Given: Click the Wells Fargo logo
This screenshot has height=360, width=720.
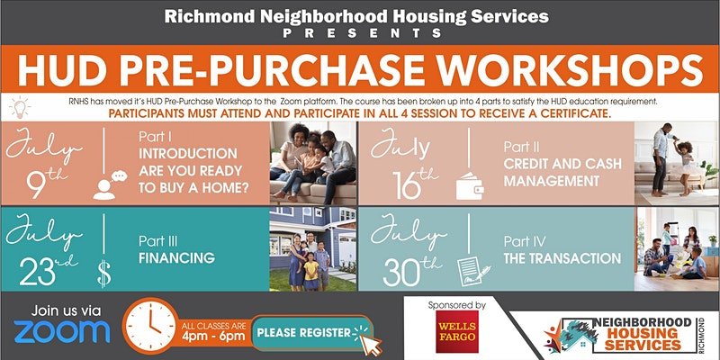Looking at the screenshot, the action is coord(457,331).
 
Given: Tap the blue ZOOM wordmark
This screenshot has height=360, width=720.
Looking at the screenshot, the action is coord(62,331).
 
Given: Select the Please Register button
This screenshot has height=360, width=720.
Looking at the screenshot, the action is coord(312,333).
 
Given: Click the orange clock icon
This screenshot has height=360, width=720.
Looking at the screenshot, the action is coord(150,326).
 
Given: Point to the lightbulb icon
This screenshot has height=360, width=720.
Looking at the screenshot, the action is coord(20,108).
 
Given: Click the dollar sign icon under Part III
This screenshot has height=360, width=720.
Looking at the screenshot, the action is coord(104,273).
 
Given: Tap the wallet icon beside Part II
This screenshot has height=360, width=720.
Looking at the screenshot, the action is coord(469,186).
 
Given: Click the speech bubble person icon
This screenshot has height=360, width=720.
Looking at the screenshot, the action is coord(109,184).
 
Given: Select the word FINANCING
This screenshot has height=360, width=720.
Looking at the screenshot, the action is coord(176,258).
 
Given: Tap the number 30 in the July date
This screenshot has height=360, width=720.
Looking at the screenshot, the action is coord(398,274).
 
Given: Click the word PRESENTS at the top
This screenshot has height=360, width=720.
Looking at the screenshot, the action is coord(363,33).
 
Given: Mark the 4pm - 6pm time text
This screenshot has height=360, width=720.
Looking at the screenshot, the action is coord(212,337).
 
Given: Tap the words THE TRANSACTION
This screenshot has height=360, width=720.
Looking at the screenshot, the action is coord(562,258).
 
